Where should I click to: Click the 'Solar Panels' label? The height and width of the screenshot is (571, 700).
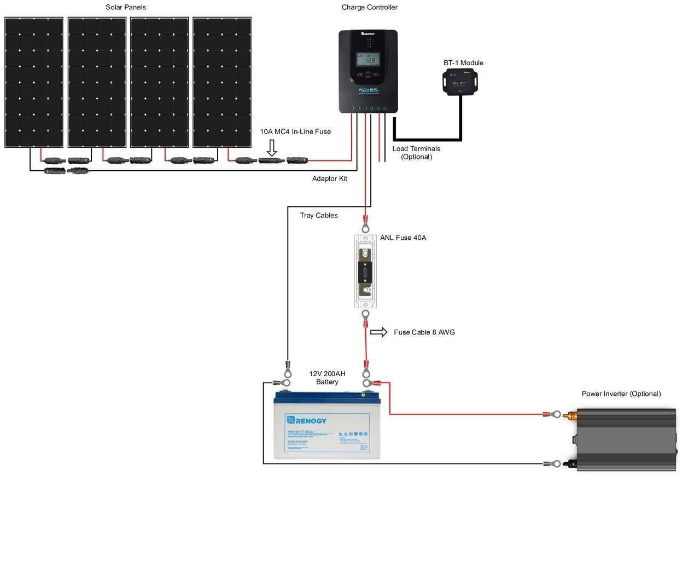[125, 7]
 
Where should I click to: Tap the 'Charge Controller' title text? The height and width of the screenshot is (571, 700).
[369, 7]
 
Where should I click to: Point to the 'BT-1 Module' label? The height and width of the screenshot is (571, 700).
[463, 63]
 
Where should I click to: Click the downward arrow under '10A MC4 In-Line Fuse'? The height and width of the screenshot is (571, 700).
[271, 147]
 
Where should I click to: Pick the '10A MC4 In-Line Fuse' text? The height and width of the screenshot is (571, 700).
[295, 132]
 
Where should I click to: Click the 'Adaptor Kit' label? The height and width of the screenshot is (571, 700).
[329, 178]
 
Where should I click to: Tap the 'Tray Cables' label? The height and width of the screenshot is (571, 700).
[319, 216]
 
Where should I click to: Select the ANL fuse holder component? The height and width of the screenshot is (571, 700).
[365, 271]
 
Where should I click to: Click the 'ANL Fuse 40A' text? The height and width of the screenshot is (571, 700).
[403, 238]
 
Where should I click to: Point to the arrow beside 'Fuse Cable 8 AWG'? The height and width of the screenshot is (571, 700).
[378, 332]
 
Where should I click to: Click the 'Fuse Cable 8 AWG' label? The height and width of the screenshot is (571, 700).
[424, 332]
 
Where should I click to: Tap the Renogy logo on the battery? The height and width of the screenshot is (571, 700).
[307, 420]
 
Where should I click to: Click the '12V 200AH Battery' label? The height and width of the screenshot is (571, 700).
[327, 378]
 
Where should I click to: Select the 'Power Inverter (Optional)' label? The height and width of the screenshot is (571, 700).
[621, 394]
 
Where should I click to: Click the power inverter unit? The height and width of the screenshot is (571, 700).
[626, 439]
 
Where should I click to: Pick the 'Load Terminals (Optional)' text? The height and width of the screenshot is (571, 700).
[416, 153]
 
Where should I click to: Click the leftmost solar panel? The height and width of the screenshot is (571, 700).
[34, 82]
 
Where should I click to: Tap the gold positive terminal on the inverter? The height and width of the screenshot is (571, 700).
[572, 415]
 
